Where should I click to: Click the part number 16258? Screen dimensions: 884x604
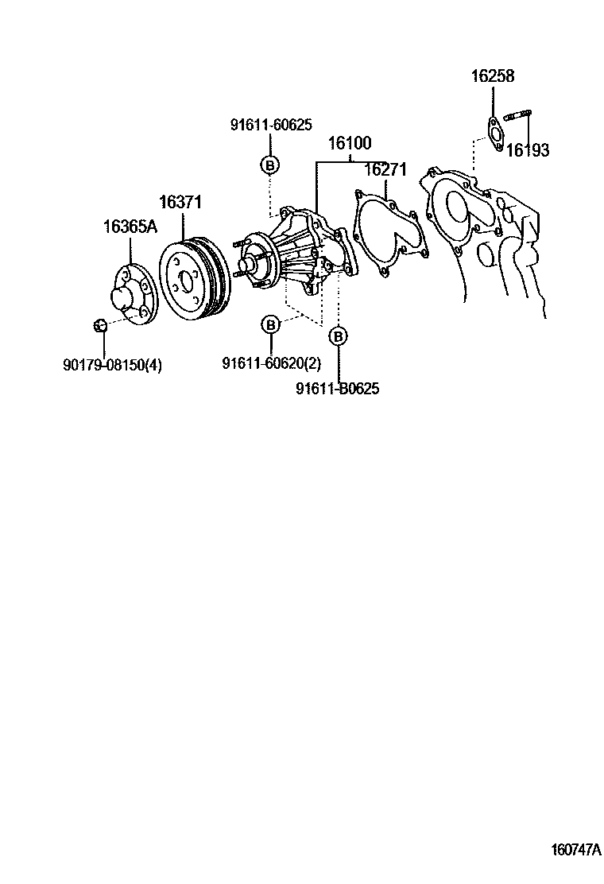pos(493,77)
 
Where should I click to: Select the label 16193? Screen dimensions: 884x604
pos(528,150)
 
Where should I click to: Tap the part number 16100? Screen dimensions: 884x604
pos(350,144)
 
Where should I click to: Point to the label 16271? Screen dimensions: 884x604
pos(385,170)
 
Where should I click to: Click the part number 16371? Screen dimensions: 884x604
pos(182,203)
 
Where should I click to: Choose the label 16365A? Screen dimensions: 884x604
pos(130,227)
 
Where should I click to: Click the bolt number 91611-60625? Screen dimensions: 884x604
pos(271,125)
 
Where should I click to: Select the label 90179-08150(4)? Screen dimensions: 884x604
pos(112,365)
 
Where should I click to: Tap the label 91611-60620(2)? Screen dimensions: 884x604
pos(271,363)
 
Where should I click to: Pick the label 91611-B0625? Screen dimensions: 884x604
pos(337,389)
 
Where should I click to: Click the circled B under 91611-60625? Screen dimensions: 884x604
pos(270,165)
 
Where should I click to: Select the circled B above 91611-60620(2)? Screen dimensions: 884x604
pos(271,324)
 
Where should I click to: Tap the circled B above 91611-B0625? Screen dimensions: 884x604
pos(339,337)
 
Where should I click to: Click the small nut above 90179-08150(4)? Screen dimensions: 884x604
pos(100,324)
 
